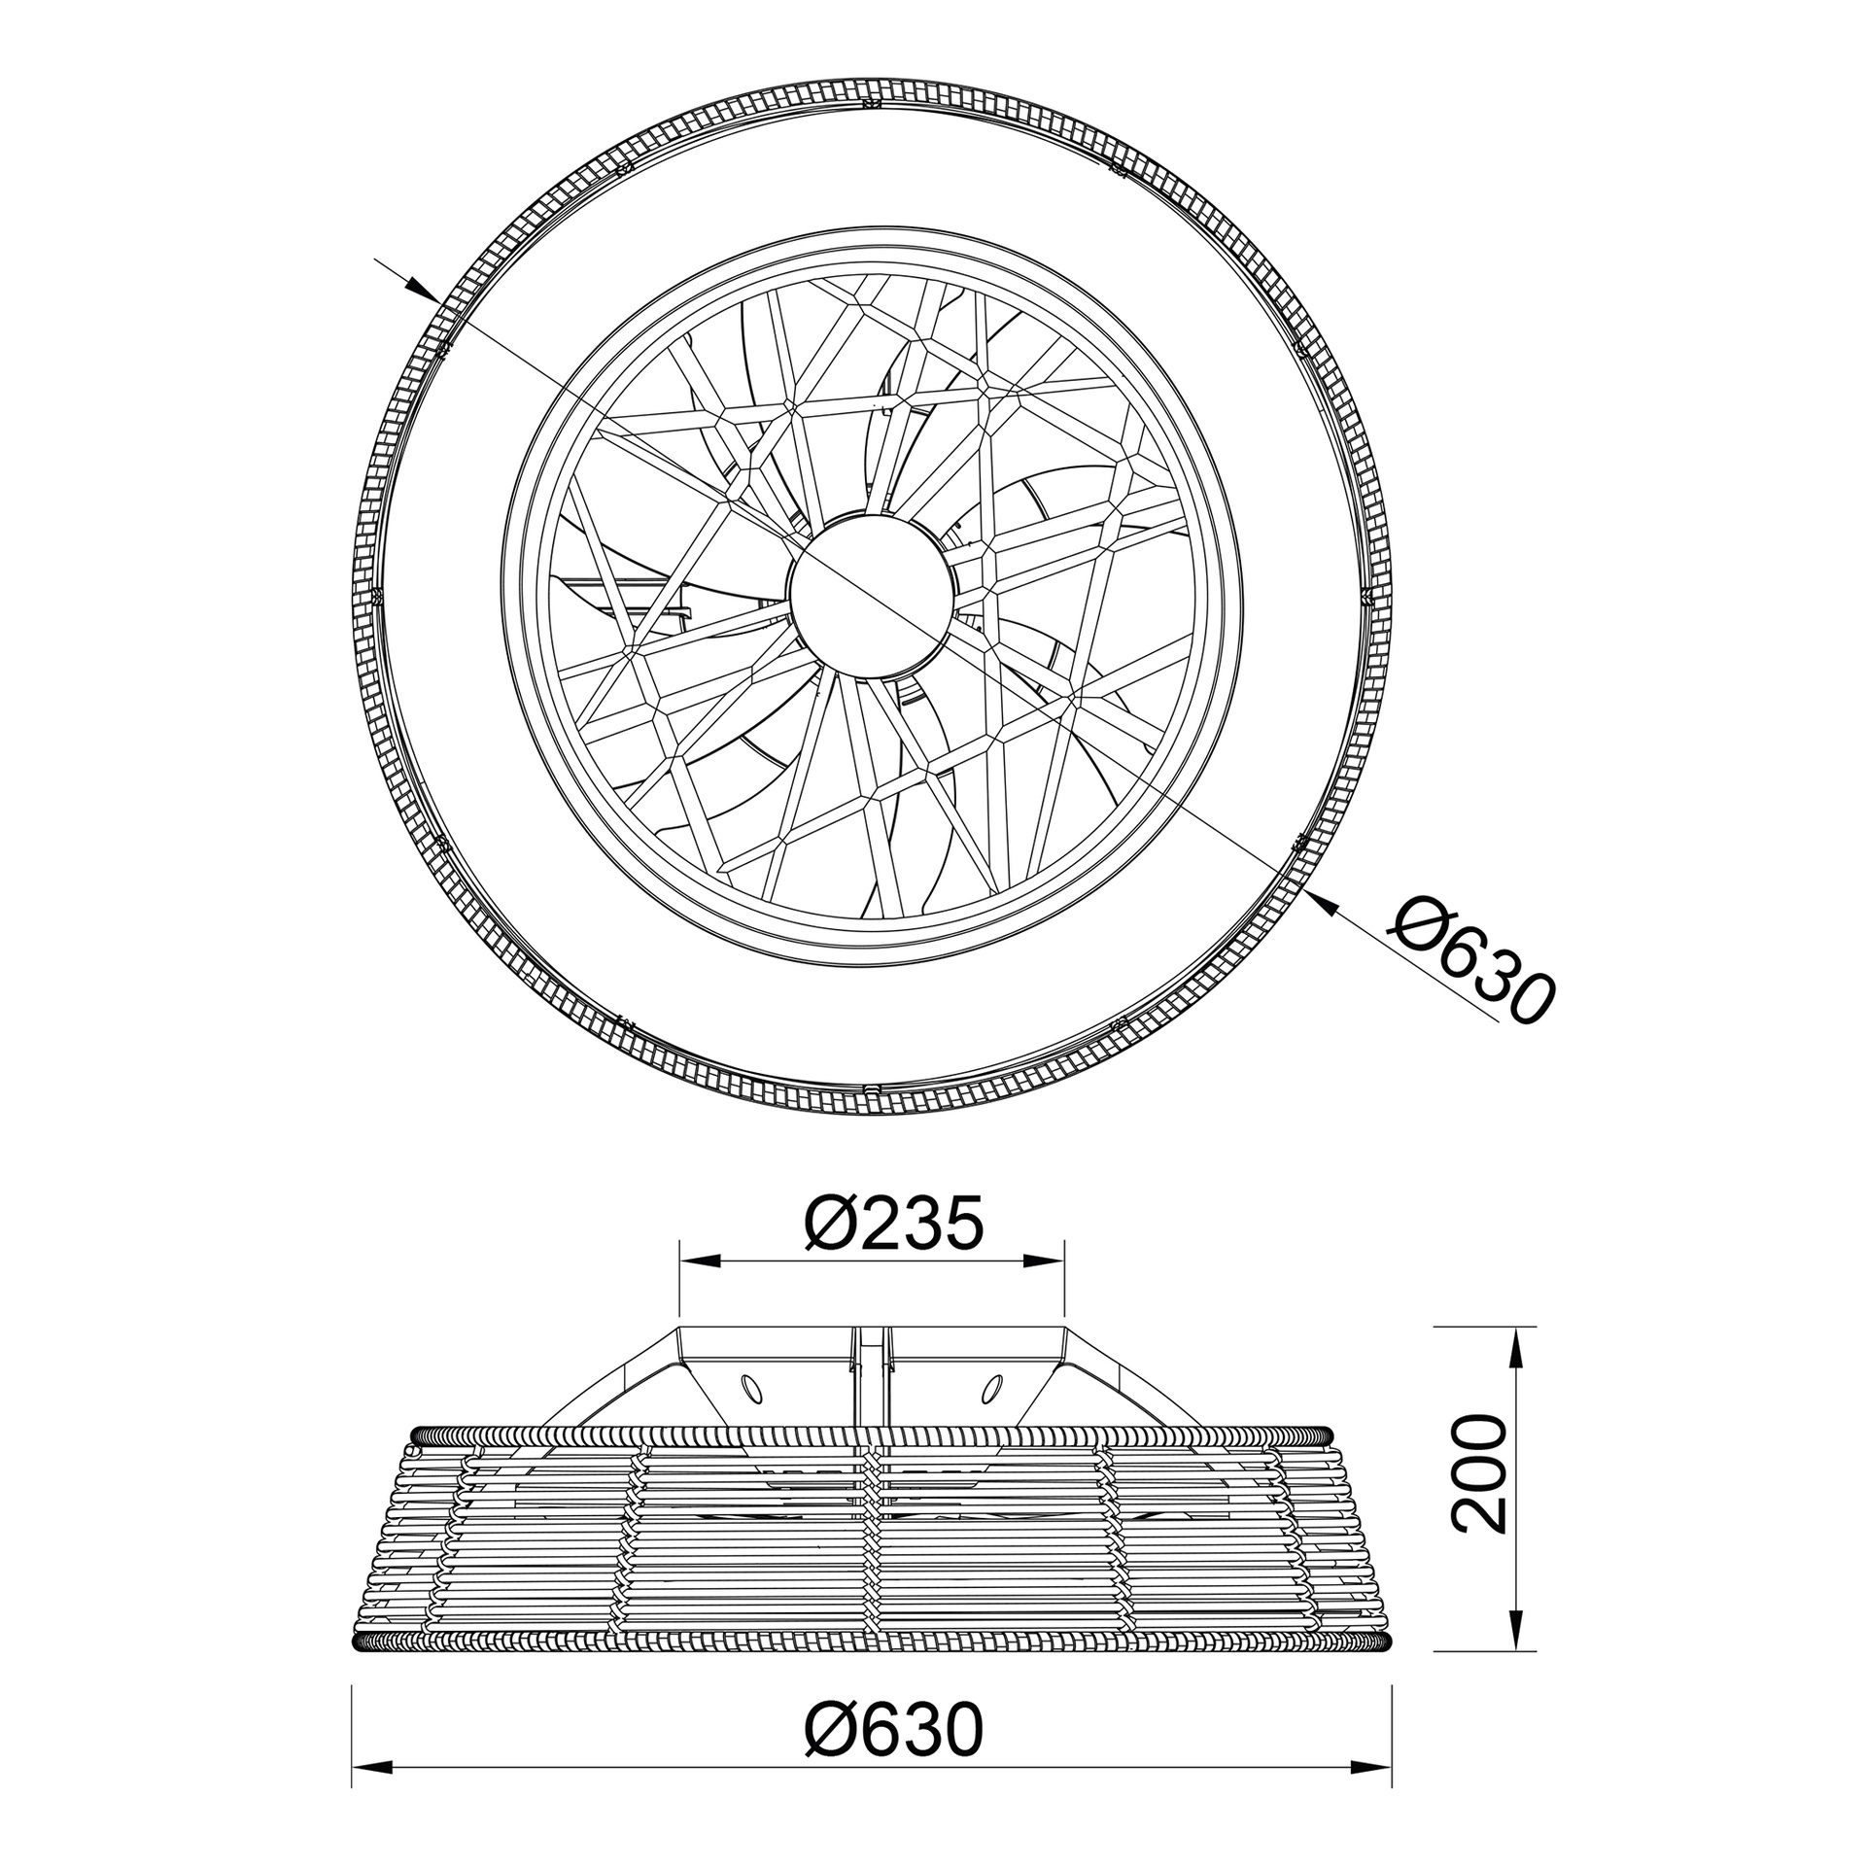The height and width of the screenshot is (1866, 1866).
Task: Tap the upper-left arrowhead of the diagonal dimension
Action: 421,288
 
